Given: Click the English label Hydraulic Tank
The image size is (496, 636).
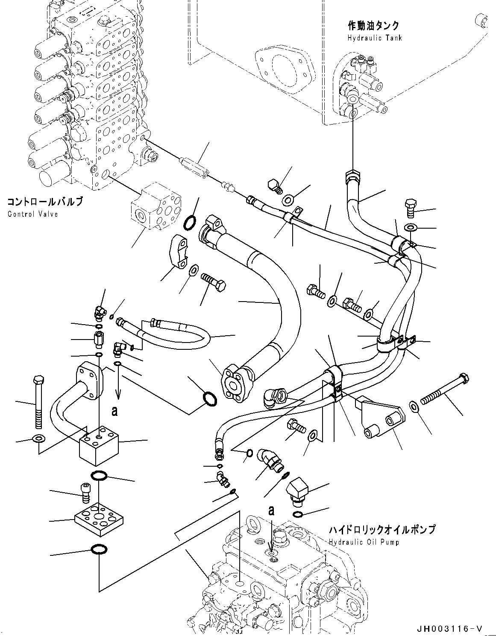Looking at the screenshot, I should pos(375,38).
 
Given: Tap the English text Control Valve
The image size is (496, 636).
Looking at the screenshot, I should pos(32,214).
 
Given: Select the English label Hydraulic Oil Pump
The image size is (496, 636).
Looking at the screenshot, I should pos(364,542).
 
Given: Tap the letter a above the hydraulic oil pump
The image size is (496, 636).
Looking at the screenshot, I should pos(271,510).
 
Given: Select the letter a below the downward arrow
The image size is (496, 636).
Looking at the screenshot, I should pos(114,411).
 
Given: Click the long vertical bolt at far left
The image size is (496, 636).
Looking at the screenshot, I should pos(38,401).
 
